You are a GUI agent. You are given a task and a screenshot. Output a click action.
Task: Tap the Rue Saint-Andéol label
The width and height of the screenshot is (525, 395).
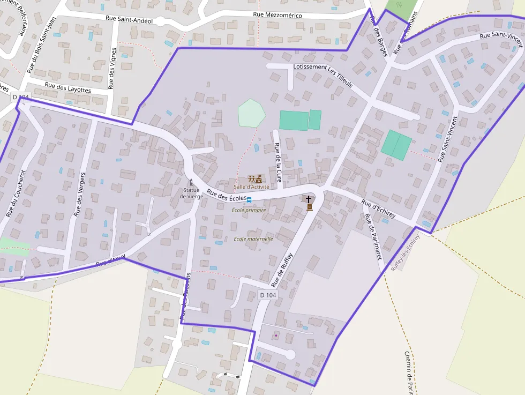[x=129, y=20]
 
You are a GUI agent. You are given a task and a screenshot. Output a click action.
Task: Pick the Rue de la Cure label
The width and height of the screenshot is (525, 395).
[x=277, y=160]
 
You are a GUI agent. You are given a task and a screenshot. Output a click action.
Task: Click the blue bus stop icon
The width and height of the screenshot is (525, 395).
[x=249, y=199]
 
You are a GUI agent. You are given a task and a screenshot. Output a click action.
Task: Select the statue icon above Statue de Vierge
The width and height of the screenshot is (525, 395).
[x=191, y=182]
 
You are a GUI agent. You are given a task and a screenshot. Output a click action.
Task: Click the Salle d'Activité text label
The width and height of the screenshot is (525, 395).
[x=251, y=187]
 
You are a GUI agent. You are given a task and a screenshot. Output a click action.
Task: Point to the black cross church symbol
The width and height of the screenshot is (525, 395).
[x=309, y=199]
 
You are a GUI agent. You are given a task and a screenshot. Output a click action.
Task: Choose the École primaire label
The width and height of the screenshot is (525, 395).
[x=249, y=210]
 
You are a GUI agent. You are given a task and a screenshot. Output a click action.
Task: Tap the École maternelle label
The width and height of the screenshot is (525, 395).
[x=253, y=239]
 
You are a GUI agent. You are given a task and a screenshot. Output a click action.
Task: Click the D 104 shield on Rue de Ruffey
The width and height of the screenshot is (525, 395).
[x=268, y=295]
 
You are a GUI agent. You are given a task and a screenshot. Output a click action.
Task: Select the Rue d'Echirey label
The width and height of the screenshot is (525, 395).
[x=378, y=208]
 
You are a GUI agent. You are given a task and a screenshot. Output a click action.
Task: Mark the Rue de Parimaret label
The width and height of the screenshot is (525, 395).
[x=373, y=237]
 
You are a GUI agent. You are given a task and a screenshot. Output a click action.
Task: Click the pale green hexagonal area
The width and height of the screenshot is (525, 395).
[x=251, y=113]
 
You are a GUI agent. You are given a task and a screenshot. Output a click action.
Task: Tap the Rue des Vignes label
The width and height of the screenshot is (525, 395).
[x=112, y=68]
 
